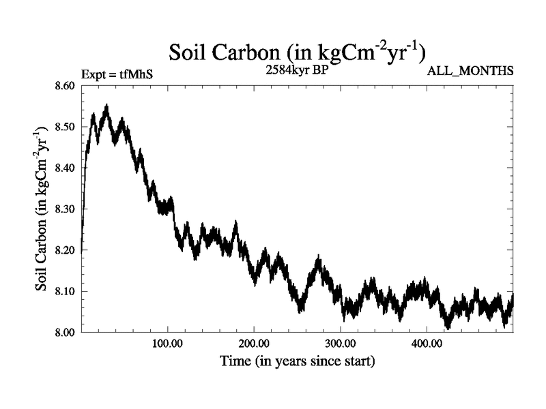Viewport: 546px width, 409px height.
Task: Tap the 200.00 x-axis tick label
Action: [x=254, y=344]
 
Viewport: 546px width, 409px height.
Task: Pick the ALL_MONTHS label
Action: [x=470, y=71]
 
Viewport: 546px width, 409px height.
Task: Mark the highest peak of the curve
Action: [x=106, y=106]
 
